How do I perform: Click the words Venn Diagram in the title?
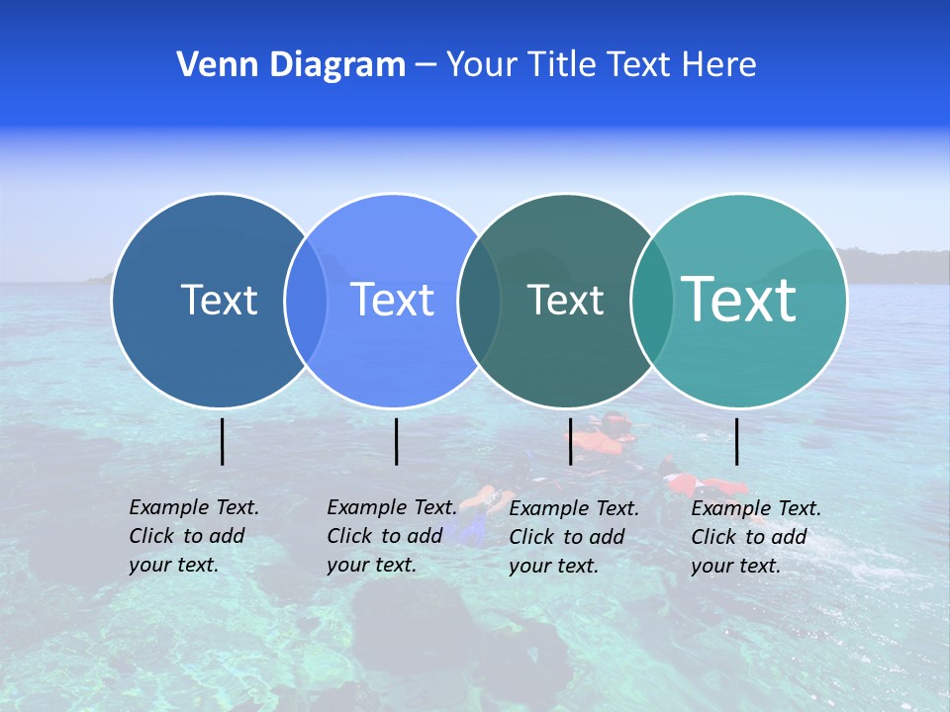click(x=291, y=65)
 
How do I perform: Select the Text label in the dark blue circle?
click(x=219, y=300)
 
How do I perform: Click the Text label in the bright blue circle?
click(x=393, y=300)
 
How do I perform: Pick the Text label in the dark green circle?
click(x=565, y=300)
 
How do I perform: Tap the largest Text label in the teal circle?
click(x=739, y=299)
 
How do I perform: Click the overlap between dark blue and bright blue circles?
click(x=306, y=301)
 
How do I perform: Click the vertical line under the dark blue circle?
click(x=222, y=441)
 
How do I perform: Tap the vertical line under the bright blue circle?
click(x=396, y=441)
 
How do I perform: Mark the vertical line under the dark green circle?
click(x=570, y=441)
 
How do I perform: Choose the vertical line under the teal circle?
click(x=736, y=441)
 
